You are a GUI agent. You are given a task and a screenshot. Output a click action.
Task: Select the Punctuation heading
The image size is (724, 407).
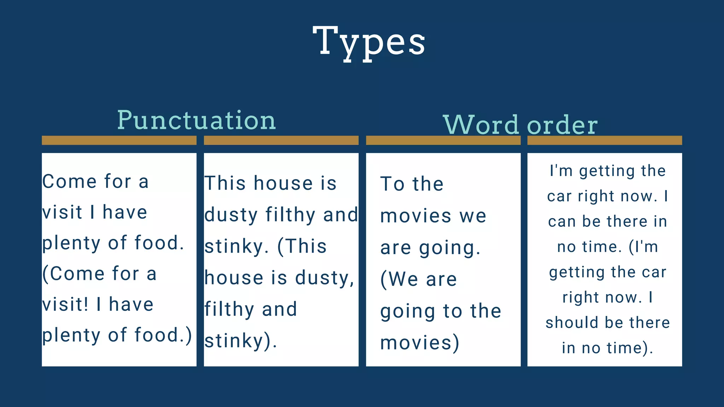point(196,120)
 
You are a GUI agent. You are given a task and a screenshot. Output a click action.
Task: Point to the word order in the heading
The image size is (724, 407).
point(562,125)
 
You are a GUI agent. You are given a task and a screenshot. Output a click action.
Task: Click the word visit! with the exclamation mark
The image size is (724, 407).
point(65,304)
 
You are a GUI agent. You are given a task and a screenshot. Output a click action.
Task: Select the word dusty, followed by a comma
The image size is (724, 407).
point(325,278)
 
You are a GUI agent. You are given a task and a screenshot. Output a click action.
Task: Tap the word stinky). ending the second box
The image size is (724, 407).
point(240,341)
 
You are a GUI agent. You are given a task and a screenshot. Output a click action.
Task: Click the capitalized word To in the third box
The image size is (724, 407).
point(392,184)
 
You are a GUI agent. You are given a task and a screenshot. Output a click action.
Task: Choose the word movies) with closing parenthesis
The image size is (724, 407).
point(420,343)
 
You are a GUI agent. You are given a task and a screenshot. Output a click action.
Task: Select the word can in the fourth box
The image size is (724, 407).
point(562,222)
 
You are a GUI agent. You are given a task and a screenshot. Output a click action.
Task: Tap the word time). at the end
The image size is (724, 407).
point(630,348)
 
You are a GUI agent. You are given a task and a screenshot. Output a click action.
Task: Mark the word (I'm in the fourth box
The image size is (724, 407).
point(643,247)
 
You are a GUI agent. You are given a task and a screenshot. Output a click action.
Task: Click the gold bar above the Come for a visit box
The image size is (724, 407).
point(119,140)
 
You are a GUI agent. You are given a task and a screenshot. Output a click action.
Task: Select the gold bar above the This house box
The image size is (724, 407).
point(281,140)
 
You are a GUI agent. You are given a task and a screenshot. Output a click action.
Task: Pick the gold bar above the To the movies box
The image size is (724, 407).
point(443,140)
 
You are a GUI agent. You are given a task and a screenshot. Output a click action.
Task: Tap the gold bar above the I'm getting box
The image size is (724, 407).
point(605,140)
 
